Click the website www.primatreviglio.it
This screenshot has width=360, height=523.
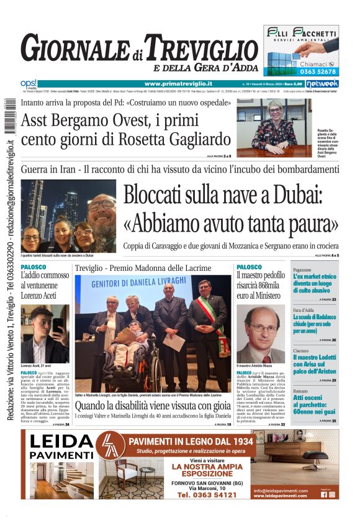click(178, 83)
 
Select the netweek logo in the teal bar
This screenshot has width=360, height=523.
click(322, 83)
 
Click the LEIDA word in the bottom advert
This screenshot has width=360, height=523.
click(61, 442)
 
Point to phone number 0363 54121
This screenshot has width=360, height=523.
click(207, 495)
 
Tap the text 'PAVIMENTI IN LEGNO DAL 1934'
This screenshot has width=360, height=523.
click(191, 441)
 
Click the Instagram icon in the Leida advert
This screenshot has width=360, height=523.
click(332, 494)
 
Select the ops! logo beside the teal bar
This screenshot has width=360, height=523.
click(28, 83)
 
